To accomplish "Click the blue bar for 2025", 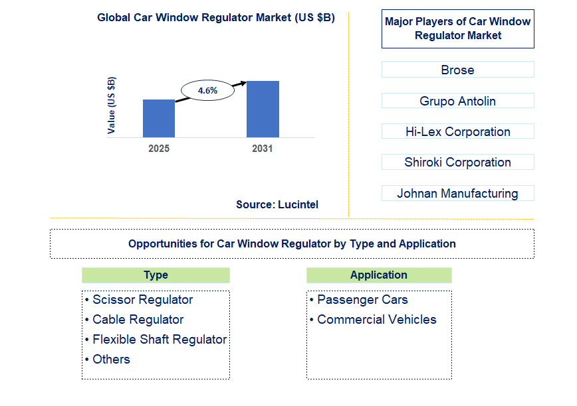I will pyautogui.click(x=159, y=119).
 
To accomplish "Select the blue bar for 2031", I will pyautogui.click(x=263, y=109).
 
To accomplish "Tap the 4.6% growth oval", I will pyautogui.click(x=207, y=91).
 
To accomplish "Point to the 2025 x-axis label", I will pyautogui.click(x=159, y=149).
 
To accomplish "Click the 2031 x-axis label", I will pyautogui.click(x=263, y=149).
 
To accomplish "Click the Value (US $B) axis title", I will pyautogui.click(x=111, y=105).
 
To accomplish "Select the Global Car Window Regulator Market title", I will pyautogui.click(x=216, y=18).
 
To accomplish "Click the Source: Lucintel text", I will pyautogui.click(x=277, y=205).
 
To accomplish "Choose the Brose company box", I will pyautogui.click(x=457, y=70).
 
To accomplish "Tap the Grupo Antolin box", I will pyautogui.click(x=457, y=101).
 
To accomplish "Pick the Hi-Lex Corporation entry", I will pyautogui.click(x=457, y=131).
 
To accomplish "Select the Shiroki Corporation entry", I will pyautogui.click(x=457, y=163).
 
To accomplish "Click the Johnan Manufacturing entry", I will pyautogui.click(x=457, y=194).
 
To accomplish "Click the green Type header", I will pyautogui.click(x=156, y=275).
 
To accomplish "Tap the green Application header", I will pyautogui.click(x=379, y=275).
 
